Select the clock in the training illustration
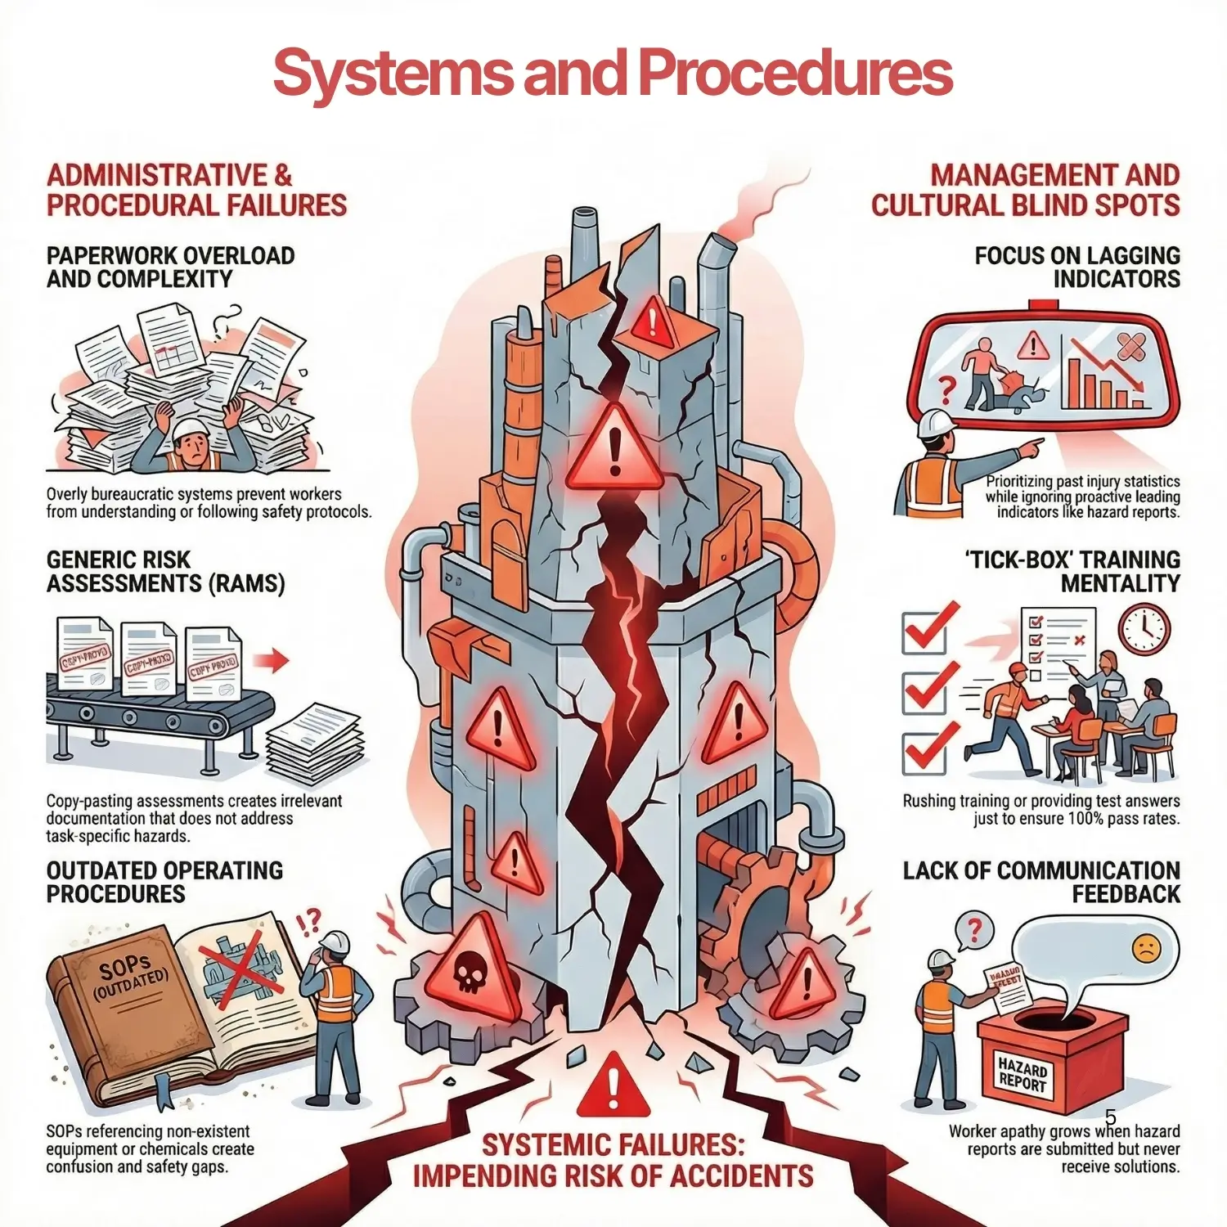click(x=1144, y=628)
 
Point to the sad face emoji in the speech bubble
click(x=1146, y=949)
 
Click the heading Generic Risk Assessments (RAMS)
click(x=165, y=572)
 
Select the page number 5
click(x=1110, y=1117)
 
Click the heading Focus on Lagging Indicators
click(x=1076, y=267)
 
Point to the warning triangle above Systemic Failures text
click(x=613, y=1088)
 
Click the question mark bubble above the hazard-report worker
click(x=973, y=932)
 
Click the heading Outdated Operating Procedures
click(x=164, y=882)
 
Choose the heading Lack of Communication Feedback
click(x=1041, y=882)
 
